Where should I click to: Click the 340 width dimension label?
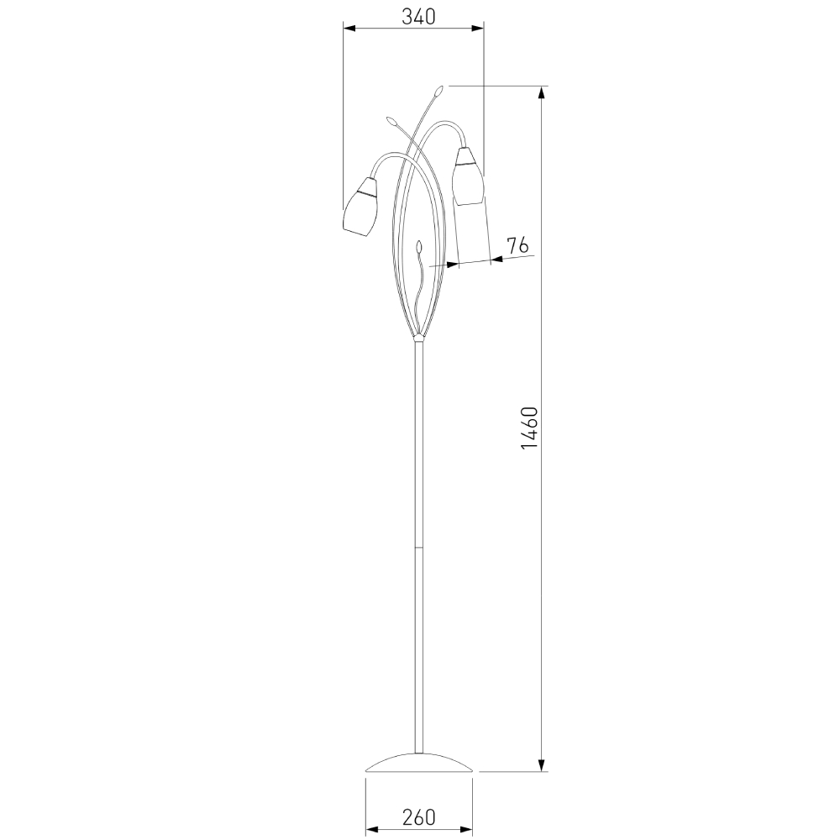(413, 17)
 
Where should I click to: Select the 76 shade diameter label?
(517, 245)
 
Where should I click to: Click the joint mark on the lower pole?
(417, 548)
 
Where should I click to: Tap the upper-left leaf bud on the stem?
(391, 122)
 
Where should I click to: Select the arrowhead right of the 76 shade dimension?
(496, 259)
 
